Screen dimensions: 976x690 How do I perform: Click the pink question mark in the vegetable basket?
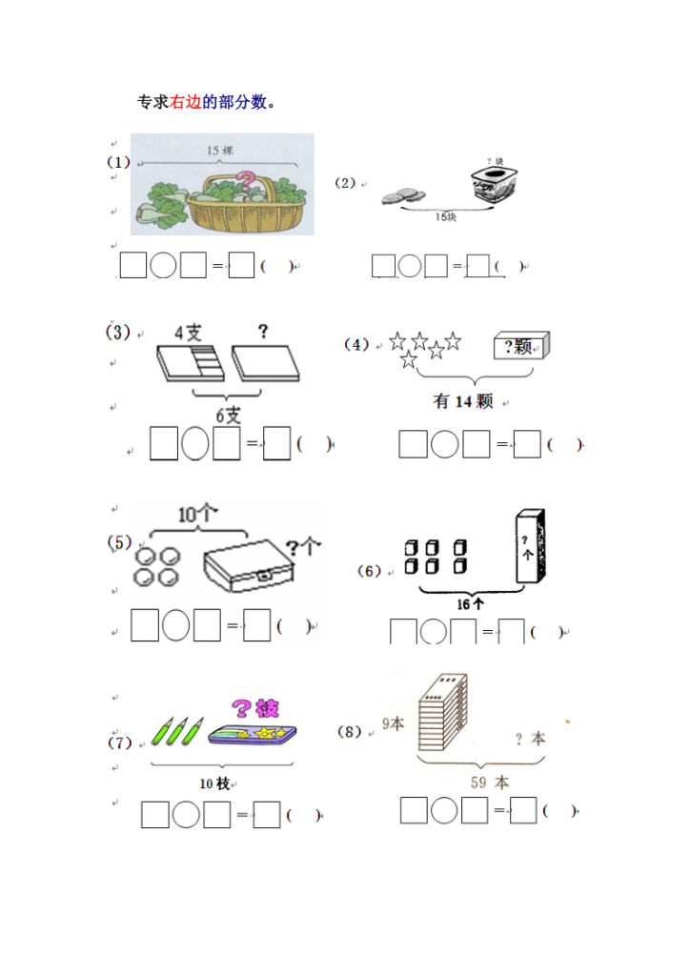246,183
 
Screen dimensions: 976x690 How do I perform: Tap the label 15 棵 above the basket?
220,150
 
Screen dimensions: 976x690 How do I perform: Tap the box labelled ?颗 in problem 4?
522,347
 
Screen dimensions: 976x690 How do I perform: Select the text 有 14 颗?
463,402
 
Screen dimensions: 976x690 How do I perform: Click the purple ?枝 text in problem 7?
255,708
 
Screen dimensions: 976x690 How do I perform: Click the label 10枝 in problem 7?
215,783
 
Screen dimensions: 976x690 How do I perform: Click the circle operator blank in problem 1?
163,265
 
